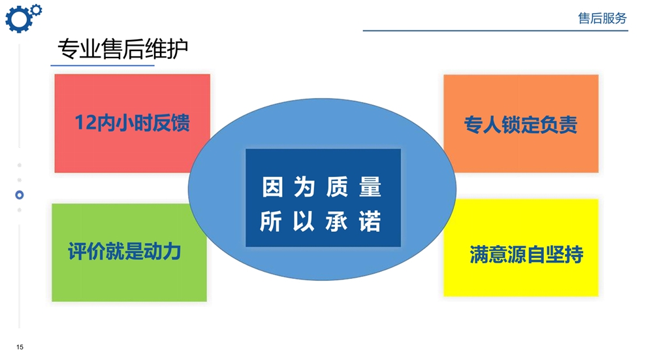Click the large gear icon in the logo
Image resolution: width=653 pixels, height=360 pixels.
tap(18, 20)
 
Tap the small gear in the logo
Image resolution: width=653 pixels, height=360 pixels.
tap(37, 10)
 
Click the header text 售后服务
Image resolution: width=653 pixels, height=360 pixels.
tap(602, 18)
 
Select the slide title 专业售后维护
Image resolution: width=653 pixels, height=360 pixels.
tap(123, 49)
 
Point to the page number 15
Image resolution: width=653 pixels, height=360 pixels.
tap(20, 347)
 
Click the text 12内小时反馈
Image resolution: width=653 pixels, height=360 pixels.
tap(132, 123)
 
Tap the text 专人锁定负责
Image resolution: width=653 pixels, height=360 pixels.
tap(520, 125)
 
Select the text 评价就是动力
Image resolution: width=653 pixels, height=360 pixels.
tap(125, 252)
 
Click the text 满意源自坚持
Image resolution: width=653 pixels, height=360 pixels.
tap(526, 254)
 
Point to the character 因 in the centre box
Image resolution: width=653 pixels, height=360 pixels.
tap(273, 187)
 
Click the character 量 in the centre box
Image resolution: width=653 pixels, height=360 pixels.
tap(370, 187)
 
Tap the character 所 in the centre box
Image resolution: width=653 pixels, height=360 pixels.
tap(271, 221)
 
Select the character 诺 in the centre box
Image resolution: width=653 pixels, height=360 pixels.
tap(370, 221)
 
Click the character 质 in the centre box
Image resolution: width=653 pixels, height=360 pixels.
tap(338, 187)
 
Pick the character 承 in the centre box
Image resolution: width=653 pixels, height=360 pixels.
tap(336, 221)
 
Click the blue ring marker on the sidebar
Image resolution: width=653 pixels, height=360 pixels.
tap(19, 195)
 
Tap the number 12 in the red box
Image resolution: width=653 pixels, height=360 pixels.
tap(86, 123)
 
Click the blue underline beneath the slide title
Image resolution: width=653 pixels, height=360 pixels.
tap(103, 65)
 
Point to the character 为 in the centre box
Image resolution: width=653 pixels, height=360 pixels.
tap(304, 187)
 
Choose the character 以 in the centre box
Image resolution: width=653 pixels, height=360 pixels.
tap(303, 221)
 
